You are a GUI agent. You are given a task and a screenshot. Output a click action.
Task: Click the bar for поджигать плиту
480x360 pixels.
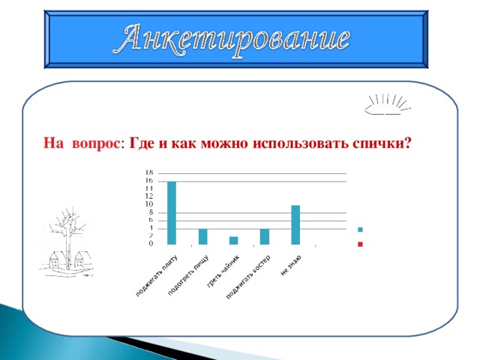click(172, 213)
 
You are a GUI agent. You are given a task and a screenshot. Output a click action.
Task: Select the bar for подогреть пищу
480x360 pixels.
click(202, 236)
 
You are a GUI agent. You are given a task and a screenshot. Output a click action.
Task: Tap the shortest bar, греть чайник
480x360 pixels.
click(233, 240)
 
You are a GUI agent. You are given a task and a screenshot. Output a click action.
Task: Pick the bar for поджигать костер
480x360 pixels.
click(264, 236)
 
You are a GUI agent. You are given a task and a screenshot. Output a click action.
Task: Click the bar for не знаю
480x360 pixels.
click(295, 224)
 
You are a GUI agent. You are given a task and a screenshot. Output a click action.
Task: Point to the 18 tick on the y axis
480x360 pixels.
click(150, 172)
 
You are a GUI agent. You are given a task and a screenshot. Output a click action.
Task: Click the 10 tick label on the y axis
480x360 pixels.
click(150, 204)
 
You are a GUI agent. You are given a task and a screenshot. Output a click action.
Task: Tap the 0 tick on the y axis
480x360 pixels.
click(151, 244)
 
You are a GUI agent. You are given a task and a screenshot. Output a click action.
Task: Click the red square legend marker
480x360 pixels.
click(361, 244)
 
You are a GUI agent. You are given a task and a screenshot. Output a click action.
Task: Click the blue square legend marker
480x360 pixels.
click(361, 229)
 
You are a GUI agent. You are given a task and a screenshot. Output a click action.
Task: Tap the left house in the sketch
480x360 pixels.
click(57, 259)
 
